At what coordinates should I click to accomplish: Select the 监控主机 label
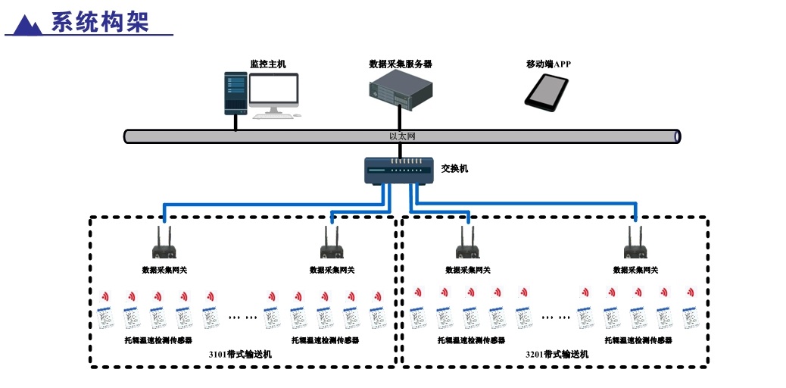click(x=268, y=64)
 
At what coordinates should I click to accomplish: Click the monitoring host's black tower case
click(x=235, y=93)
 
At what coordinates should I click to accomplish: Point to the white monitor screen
click(x=274, y=91)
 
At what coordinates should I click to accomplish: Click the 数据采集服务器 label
click(x=400, y=64)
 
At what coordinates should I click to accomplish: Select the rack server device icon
click(x=401, y=89)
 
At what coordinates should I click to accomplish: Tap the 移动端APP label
click(x=548, y=64)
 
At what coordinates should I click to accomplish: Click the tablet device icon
click(x=547, y=90)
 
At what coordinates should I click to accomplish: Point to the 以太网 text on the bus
click(x=402, y=136)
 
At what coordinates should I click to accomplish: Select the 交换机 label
click(x=454, y=168)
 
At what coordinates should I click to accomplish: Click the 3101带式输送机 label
click(x=240, y=354)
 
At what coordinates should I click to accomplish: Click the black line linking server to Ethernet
click(x=399, y=118)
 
